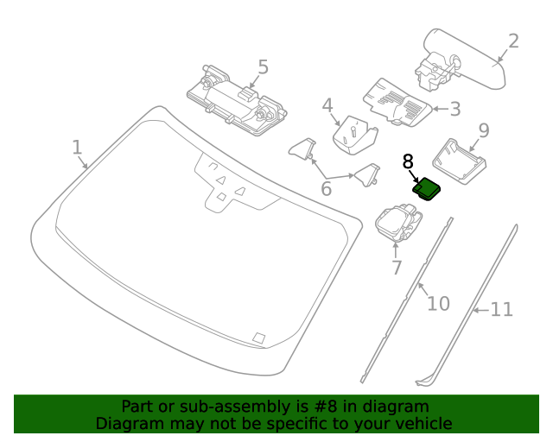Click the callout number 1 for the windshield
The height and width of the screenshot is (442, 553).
pos(77,147)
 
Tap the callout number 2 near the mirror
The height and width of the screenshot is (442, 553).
pos(513,41)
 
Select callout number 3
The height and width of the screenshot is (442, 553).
pos(454,109)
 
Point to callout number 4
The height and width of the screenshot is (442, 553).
pos(327,106)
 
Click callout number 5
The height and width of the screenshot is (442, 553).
pos(263,66)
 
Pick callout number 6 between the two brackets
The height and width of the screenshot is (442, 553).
pos(327,187)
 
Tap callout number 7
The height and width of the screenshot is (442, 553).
pos(397,268)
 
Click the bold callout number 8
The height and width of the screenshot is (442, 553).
pos(409,161)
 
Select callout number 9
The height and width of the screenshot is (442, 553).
pos(484,130)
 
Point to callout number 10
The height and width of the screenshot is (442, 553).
pos(439,303)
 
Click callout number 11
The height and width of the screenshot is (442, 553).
pos(502,309)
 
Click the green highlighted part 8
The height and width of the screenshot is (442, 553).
pos(427,187)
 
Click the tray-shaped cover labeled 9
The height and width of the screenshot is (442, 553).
pos(461,161)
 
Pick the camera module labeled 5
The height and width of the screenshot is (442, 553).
pos(235,98)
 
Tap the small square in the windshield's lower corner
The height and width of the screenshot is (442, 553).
pos(257,338)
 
